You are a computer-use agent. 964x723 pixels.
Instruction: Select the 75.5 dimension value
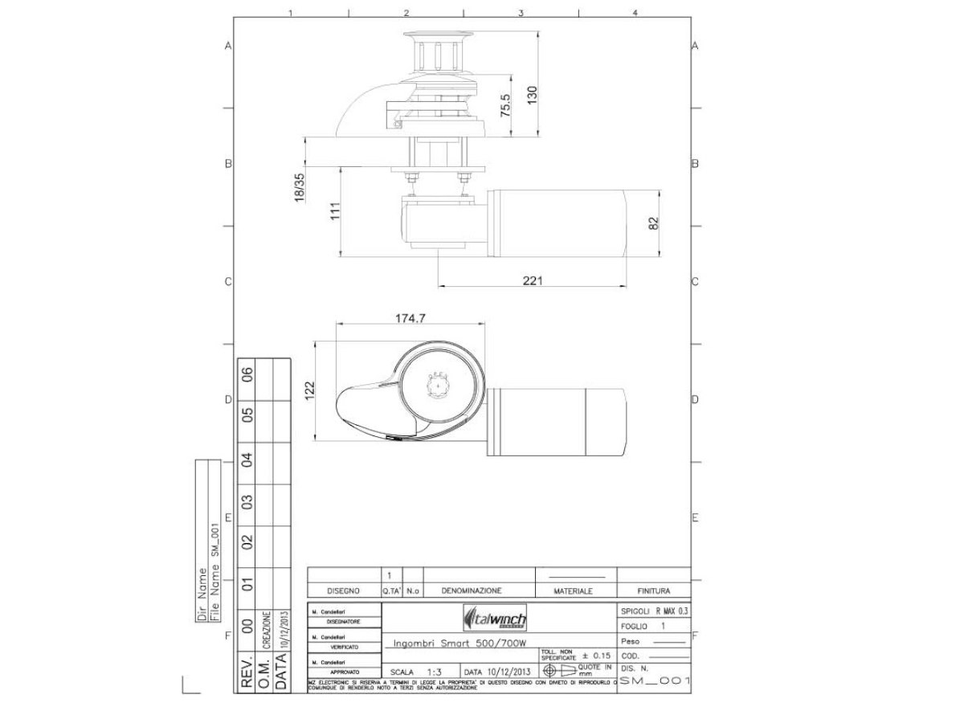[505, 105]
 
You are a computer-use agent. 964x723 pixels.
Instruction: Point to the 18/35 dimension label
[300, 187]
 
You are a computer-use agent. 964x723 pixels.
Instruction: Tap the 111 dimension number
[336, 210]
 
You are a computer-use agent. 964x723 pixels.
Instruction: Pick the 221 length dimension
[533, 280]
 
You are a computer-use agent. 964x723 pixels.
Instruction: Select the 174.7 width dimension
[410, 319]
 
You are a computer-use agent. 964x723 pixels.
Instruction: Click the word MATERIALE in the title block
[573, 590]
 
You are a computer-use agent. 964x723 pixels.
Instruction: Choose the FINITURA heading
[653, 590]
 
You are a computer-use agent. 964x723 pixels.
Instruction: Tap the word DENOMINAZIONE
[472, 590]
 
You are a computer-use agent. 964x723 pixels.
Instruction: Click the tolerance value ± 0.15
[596, 656]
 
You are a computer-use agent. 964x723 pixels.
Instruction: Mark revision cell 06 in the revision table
[248, 374]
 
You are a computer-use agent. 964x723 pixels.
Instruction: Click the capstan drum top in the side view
[435, 35]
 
